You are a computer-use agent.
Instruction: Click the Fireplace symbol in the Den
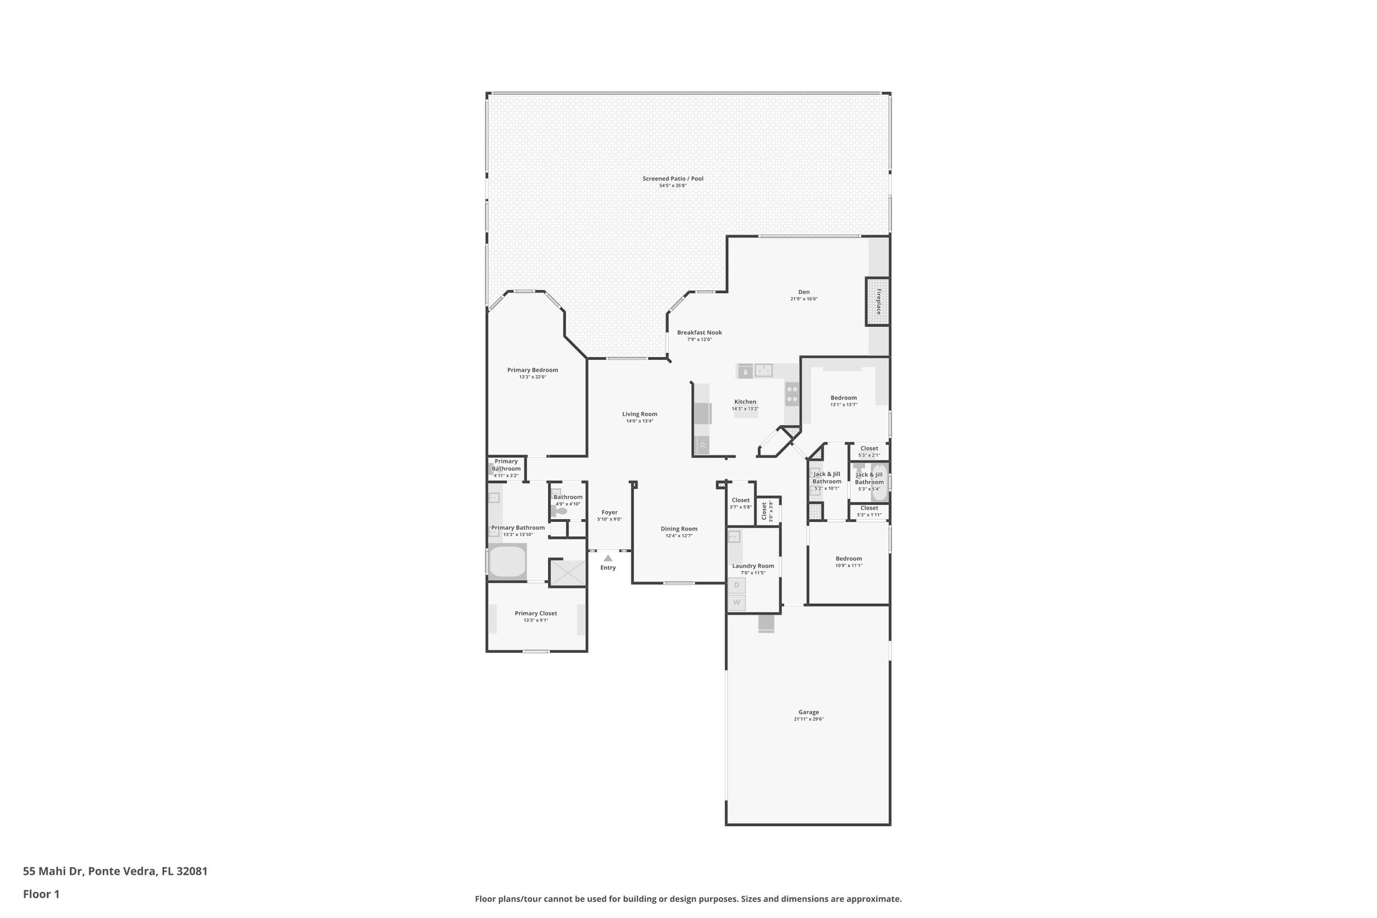click(877, 301)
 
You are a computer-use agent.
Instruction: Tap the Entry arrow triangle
click(608, 558)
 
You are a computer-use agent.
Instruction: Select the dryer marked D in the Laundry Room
click(736, 585)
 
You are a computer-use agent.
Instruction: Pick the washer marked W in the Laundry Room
click(736, 603)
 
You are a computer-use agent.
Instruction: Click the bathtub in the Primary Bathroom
click(507, 562)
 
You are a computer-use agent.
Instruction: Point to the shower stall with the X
click(568, 572)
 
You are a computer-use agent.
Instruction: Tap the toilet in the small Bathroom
click(560, 511)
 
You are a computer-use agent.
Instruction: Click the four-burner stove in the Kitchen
click(792, 393)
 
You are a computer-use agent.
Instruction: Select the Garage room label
click(808, 712)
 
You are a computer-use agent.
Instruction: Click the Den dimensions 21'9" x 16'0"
click(803, 299)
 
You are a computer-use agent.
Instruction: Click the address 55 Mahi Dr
click(115, 871)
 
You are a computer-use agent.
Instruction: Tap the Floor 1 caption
click(41, 894)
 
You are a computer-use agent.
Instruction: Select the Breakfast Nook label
click(699, 332)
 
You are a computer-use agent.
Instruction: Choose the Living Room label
click(639, 414)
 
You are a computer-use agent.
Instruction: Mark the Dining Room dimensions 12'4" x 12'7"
click(679, 536)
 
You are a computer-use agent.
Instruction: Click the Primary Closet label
click(536, 613)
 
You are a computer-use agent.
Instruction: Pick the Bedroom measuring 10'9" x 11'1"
click(849, 559)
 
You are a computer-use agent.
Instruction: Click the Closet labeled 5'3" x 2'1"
click(869, 449)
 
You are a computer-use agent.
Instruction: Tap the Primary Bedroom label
click(533, 370)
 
